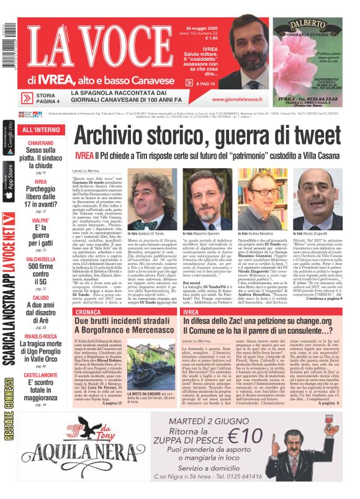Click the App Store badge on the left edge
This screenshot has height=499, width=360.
click(8, 181)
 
